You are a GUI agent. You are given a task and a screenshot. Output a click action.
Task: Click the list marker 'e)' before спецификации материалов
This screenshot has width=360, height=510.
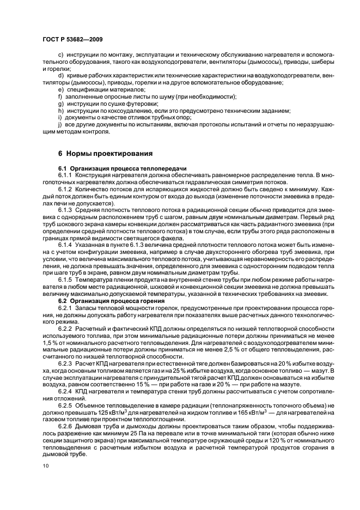61,89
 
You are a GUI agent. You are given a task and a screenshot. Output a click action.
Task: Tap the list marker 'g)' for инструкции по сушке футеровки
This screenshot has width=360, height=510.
61,104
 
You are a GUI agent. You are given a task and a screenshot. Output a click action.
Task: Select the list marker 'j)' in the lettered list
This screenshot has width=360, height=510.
60,125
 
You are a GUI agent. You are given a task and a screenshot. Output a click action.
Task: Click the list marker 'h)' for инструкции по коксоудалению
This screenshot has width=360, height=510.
61,111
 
